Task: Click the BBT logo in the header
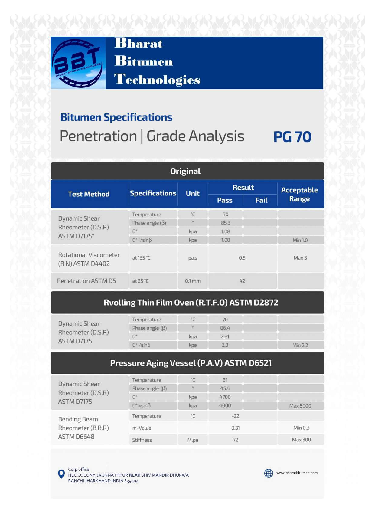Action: point(78,63)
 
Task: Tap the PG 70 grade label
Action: point(292,137)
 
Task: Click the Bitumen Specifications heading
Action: point(116,117)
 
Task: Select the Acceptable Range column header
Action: point(299,194)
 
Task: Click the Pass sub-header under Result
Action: point(225,200)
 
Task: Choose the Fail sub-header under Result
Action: point(261,200)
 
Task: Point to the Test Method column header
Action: point(89,194)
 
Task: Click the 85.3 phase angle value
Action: point(226,223)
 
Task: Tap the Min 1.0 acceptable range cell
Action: point(300,240)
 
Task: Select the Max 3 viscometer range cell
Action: point(300,258)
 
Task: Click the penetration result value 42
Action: point(242,281)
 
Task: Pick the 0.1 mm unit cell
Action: point(193,281)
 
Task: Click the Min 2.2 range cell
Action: point(300,345)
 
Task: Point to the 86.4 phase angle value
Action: point(225,328)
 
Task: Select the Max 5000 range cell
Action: point(300,406)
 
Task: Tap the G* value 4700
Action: point(225,397)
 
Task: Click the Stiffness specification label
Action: point(142,440)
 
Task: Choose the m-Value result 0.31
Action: point(236,428)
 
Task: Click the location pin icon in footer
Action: point(61,474)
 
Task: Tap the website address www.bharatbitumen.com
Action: point(297,473)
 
